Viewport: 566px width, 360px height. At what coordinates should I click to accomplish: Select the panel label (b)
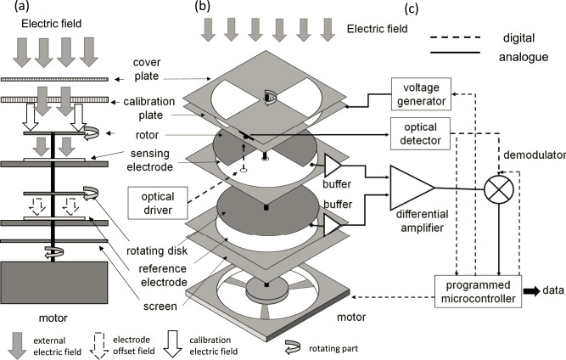[x=204, y=8]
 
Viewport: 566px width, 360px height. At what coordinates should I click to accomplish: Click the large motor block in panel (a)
[x=53, y=289]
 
